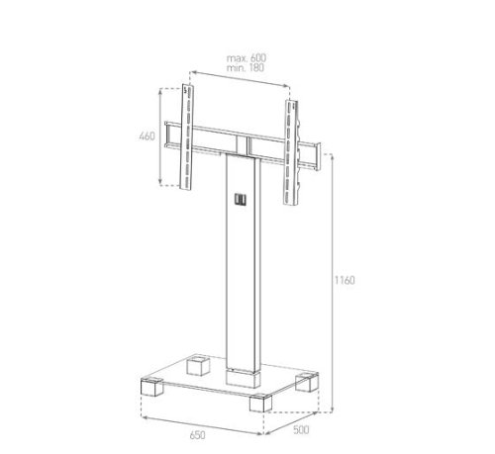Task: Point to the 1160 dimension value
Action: tap(345, 280)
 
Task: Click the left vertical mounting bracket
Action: tap(185, 138)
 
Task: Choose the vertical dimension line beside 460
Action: tap(163, 136)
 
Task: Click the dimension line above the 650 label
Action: tap(203, 420)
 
